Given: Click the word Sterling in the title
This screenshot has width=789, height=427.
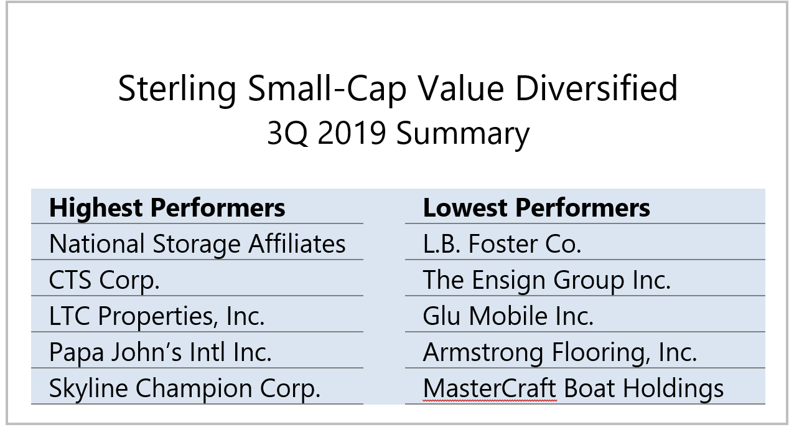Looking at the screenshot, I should coord(177,88).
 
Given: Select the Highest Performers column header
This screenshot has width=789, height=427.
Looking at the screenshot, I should coord(167,207).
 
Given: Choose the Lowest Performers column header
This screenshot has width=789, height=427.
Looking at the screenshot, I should coord(536,207).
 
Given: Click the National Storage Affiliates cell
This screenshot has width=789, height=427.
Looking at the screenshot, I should coord(197,243).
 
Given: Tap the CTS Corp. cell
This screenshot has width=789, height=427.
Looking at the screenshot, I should coord(105,279).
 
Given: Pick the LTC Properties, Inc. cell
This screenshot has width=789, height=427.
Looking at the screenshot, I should coord(157,316).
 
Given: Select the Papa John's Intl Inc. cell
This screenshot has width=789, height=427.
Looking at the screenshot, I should coord(160,352).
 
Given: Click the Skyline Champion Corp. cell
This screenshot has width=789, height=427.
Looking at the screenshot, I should coord(185,388).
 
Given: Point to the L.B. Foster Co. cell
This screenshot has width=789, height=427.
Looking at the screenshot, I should coord(502,243).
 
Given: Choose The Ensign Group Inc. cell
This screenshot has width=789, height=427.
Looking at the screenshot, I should coord(546,279).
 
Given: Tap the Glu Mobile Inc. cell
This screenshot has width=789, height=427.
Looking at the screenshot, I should coord(508,316).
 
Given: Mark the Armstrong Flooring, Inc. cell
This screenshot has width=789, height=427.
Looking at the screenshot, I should coord(559,352).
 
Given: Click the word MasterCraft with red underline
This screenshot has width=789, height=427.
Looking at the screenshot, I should coord(490,388).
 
